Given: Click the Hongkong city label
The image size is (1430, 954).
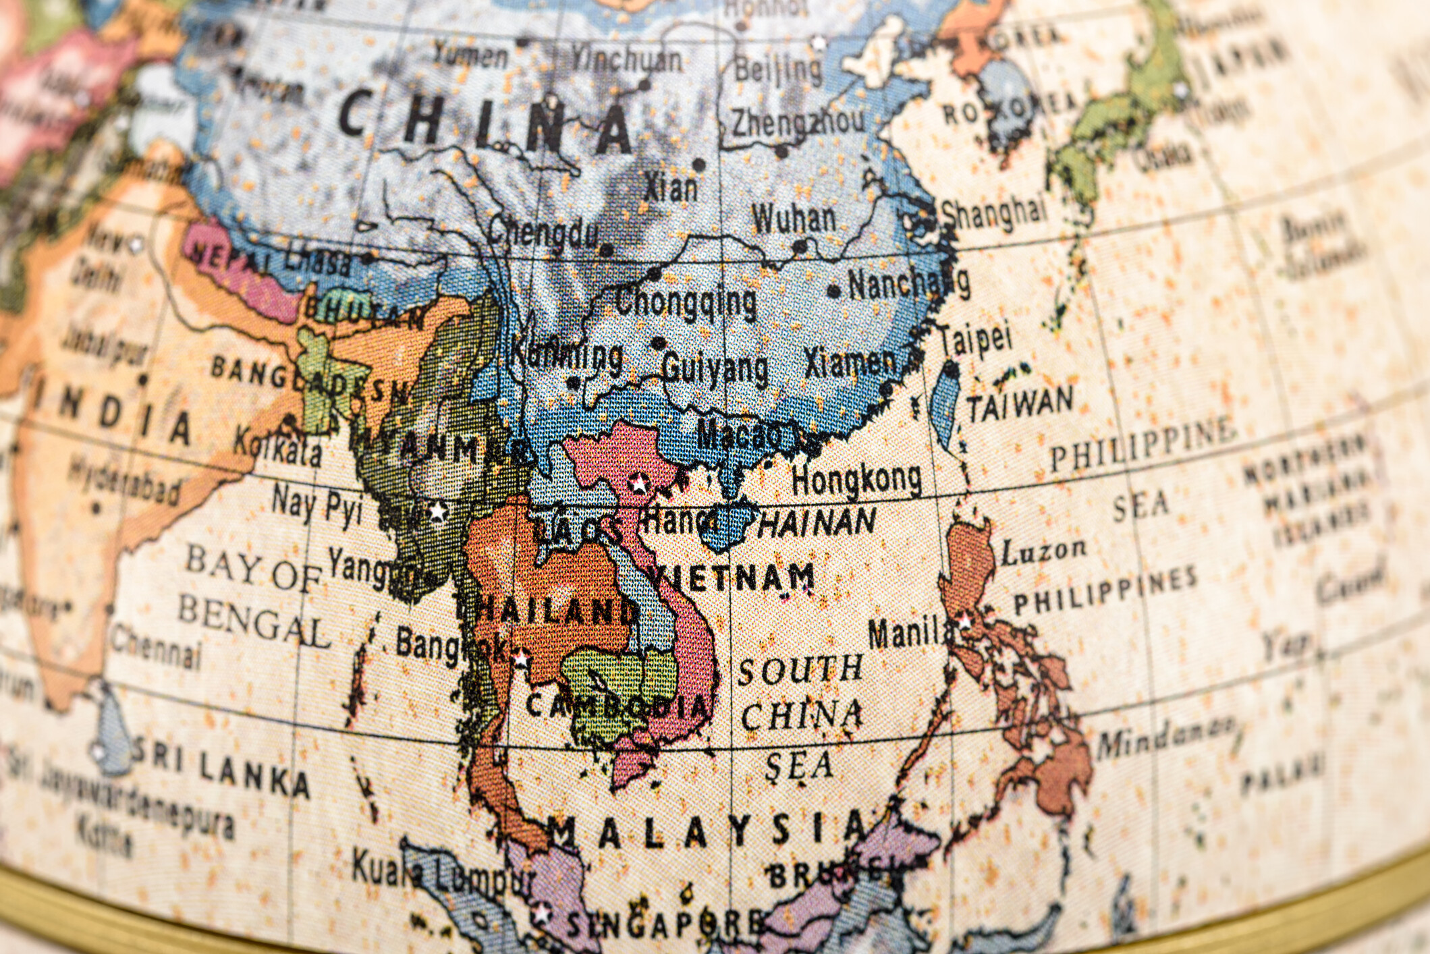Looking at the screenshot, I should [856, 479].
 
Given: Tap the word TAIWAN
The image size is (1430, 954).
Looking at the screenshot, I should [1020, 403].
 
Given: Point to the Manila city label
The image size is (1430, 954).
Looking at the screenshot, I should [911, 634].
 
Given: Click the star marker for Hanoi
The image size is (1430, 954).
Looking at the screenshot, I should [638, 483].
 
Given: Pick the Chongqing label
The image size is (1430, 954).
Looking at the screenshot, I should [685, 301].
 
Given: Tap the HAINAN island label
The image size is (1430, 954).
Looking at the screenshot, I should [817, 523].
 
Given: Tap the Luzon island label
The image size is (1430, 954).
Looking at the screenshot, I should [1043, 553].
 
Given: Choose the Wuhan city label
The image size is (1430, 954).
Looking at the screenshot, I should [794, 219].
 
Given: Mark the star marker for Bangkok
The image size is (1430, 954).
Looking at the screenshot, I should [520, 658].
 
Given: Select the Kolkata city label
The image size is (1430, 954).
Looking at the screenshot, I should [277, 448].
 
